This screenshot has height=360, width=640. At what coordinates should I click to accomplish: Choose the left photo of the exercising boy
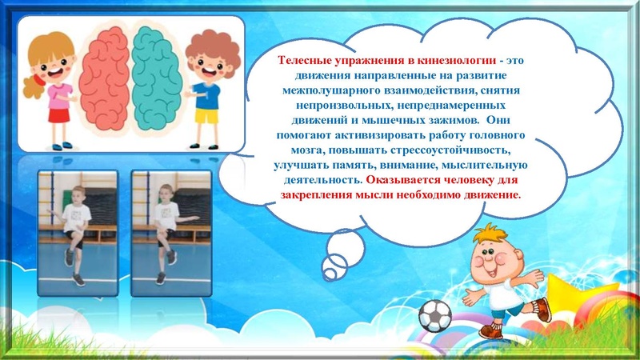77,228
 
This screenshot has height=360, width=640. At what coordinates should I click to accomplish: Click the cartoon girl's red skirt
56,114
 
